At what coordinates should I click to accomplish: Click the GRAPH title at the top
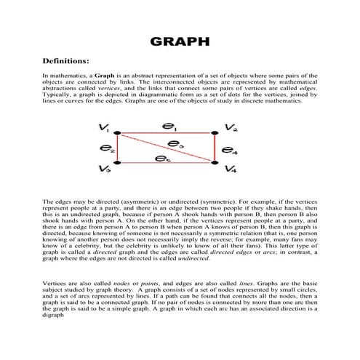pos(180,41)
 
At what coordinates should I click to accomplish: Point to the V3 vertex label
pos(105,169)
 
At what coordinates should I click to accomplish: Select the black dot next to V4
pos(215,162)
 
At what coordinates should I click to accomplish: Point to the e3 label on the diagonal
pos(175,143)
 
